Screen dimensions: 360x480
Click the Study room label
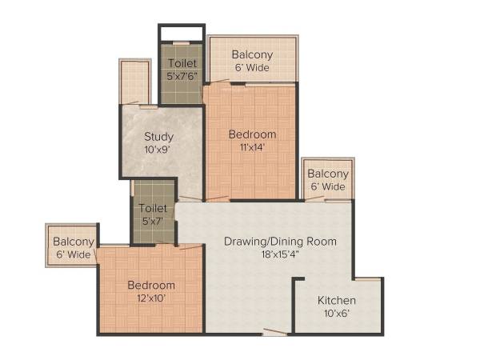(x=158, y=136)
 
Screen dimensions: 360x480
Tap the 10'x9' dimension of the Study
(x=158, y=149)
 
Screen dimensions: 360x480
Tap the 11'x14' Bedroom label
(x=252, y=134)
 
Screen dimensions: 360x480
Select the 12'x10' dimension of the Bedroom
(x=151, y=298)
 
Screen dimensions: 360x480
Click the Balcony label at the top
(x=252, y=54)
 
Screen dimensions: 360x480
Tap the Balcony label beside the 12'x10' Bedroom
(x=74, y=242)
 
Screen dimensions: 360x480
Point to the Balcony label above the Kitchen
(x=328, y=174)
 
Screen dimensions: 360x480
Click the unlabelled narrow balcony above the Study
(x=135, y=82)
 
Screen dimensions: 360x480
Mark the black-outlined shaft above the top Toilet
(x=180, y=33)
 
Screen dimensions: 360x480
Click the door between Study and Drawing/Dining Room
(x=190, y=198)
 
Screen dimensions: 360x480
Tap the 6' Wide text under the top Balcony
(x=252, y=68)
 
